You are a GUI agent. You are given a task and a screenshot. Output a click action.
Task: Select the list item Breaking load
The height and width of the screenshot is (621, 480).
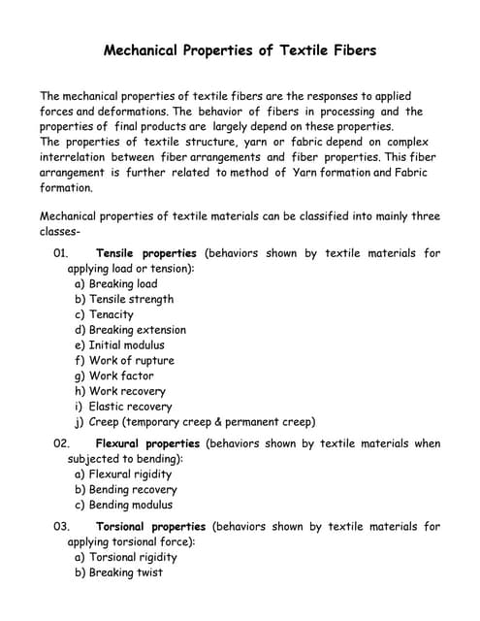click(x=123, y=284)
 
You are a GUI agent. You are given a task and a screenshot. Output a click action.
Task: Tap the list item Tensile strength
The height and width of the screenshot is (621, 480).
click(x=131, y=300)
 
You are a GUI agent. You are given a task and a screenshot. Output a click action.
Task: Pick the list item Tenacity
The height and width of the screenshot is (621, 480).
click(x=112, y=314)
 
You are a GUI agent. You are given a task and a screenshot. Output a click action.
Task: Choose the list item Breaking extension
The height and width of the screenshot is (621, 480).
click(x=137, y=330)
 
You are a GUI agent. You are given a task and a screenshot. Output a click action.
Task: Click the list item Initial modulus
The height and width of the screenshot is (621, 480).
click(x=126, y=345)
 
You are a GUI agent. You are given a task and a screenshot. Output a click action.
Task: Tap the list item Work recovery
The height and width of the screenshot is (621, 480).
click(x=127, y=391)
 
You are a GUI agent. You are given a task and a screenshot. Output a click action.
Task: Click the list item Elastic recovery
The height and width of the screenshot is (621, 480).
click(x=130, y=407)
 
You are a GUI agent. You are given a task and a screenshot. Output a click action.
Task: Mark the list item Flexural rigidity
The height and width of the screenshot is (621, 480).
click(x=130, y=474)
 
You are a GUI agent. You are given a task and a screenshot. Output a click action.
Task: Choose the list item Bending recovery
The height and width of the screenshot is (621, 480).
click(x=133, y=490)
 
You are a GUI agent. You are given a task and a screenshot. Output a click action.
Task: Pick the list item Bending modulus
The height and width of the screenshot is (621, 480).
click(x=131, y=505)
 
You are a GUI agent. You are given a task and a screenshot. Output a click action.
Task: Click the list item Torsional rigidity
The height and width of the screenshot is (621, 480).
click(x=133, y=558)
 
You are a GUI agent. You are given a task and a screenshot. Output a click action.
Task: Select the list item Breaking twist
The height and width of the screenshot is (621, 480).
click(x=126, y=572)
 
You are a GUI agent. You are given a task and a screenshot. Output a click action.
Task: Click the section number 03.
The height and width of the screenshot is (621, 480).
click(x=61, y=527)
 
